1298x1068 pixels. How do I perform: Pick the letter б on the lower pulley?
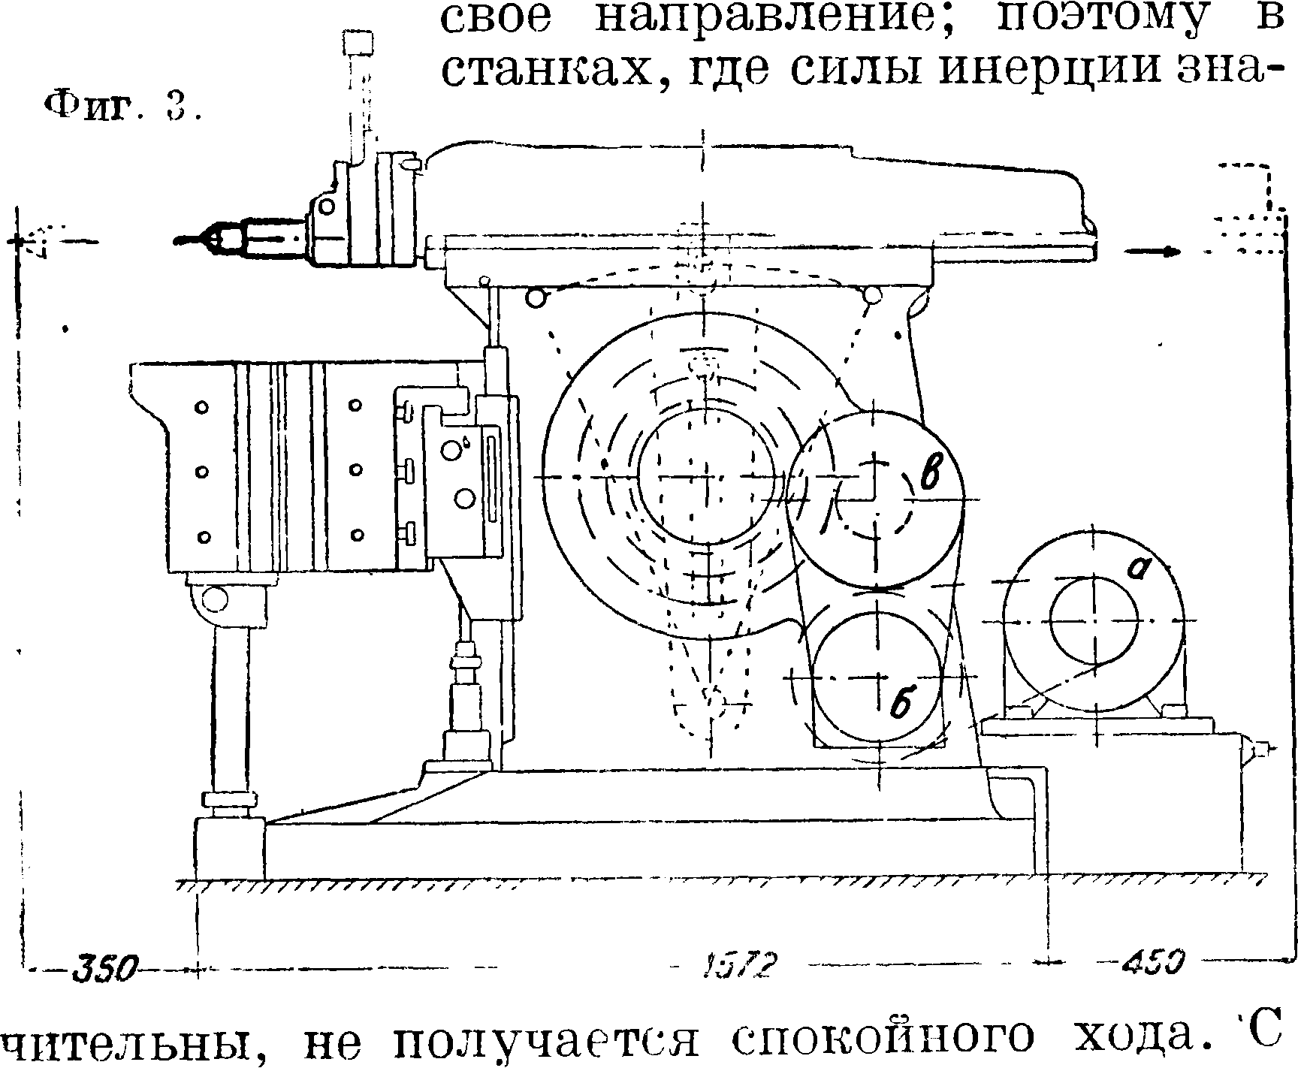click(901, 704)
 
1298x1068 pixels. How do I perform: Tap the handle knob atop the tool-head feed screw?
click(358, 42)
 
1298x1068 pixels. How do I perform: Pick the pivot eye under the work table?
click(215, 599)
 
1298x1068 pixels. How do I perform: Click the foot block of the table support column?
click(230, 849)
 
